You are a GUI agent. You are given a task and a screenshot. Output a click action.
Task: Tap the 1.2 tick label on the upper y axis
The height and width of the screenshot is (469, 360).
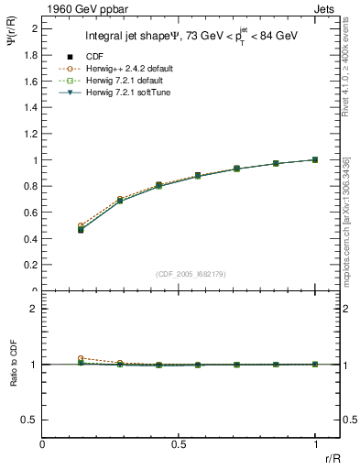tap(29, 134)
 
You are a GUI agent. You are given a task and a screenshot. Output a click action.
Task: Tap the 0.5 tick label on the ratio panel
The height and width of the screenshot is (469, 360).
tap(28, 420)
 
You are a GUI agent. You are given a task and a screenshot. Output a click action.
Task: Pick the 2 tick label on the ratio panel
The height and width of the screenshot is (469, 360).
tap(33, 309)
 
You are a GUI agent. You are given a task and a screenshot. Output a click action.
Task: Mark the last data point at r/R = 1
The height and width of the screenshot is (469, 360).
tap(315, 159)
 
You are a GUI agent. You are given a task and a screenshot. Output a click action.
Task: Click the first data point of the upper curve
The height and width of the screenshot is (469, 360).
tap(81, 225)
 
